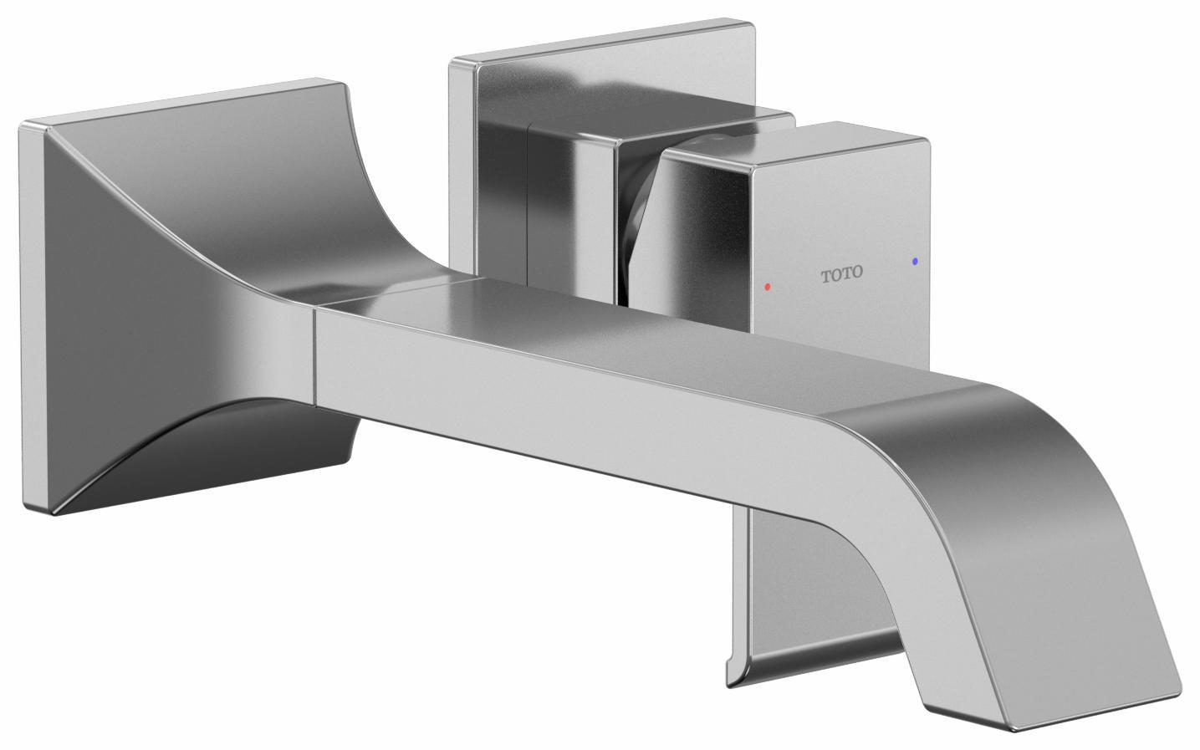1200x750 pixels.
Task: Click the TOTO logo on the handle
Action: pos(841,273)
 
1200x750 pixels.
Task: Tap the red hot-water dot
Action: pos(768,287)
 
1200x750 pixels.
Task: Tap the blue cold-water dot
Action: pos(917,262)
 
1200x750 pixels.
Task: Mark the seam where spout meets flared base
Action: pos(315,351)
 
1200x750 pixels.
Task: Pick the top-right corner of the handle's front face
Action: pos(927,144)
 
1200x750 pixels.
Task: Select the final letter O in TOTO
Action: pos(858,273)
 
